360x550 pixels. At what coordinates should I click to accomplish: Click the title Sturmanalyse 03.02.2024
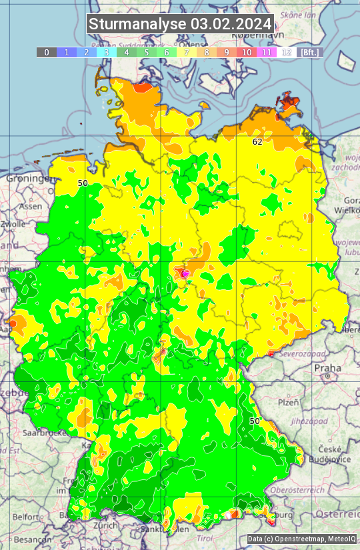(x=180, y=24)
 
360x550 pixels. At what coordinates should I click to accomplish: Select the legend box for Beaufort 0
(x=47, y=52)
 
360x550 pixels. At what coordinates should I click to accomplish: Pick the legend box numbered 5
(x=147, y=52)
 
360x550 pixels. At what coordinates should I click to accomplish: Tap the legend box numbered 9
(x=227, y=52)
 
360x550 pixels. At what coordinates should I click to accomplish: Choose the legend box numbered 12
(x=287, y=52)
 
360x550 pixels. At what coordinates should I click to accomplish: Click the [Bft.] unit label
(x=311, y=52)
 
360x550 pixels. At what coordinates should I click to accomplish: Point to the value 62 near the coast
(x=257, y=141)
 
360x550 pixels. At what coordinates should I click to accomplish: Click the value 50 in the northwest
(x=83, y=183)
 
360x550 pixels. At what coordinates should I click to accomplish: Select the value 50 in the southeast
(x=255, y=421)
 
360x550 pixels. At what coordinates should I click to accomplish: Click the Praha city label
(x=327, y=367)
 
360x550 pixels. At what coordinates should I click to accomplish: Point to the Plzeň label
(x=288, y=403)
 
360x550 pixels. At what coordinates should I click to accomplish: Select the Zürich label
(x=106, y=525)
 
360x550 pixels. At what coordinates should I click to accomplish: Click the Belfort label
(x=26, y=517)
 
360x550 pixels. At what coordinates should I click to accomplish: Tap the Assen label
(x=29, y=207)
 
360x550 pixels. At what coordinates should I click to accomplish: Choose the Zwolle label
(x=13, y=225)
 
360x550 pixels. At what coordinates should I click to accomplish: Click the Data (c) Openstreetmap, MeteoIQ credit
(x=301, y=539)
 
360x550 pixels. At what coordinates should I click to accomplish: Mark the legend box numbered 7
(x=187, y=52)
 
